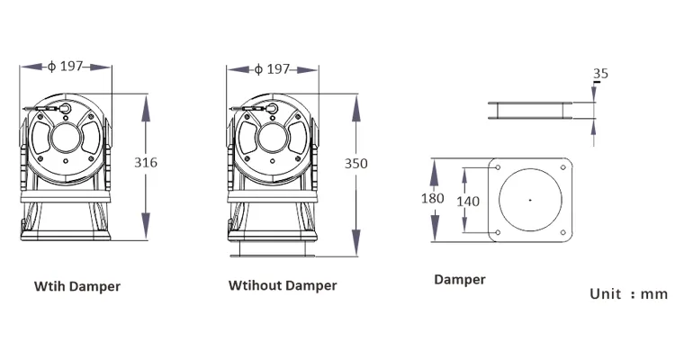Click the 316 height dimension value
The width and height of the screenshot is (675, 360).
pyautogui.click(x=146, y=162)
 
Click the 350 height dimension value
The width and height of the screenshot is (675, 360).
pyautogui.click(x=356, y=164)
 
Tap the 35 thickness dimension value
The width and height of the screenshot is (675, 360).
pyautogui.click(x=600, y=74)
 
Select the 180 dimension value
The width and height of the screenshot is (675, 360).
pyautogui.click(x=432, y=198)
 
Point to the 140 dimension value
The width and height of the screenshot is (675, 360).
pyautogui.click(x=468, y=201)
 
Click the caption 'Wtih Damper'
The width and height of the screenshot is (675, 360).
pyautogui.click(x=77, y=286)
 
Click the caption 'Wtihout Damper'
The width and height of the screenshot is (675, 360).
pyautogui.click(x=283, y=285)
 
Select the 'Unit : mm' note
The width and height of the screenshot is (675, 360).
pyautogui.click(x=629, y=294)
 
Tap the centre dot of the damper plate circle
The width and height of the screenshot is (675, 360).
pyautogui.click(x=530, y=200)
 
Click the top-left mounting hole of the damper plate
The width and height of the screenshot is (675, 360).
pyautogui.click(x=498, y=167)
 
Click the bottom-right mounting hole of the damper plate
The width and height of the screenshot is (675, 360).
pyautogui.click(x=562, y=232)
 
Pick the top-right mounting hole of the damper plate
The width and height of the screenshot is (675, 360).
pyautogui.click(x=562, y=167)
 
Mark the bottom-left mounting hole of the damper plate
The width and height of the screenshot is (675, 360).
pyautogui.click(x=498, y=232)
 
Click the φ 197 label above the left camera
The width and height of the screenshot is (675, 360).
pyautogui.click(x=65, y=67)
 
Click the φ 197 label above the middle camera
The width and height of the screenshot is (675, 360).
pyautogui.click(x=272, y=69)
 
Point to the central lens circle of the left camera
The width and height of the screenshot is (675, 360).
pyautogui.click(x=66, y=122)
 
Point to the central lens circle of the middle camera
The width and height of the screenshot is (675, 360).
pyautogui.click(x=272, y=122)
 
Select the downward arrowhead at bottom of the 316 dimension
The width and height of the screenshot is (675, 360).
pyautogui.click(x=146, y=226)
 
